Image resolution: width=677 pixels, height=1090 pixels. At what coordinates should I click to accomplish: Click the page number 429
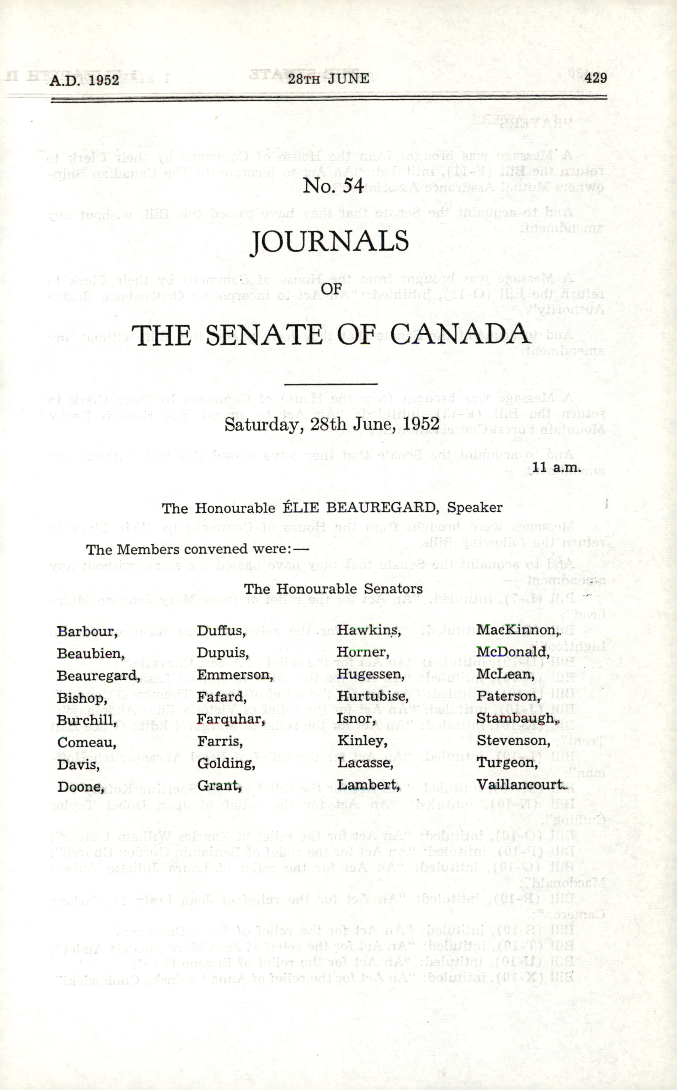595,78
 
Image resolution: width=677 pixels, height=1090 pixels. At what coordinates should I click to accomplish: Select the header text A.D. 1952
84,80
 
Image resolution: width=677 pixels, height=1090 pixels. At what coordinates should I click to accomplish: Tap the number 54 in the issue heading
353,185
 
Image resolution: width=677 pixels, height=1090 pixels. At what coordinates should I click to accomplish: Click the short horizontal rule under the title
331,384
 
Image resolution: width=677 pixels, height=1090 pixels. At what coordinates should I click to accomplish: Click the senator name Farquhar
230,719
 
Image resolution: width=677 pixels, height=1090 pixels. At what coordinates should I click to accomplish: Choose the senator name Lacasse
365,763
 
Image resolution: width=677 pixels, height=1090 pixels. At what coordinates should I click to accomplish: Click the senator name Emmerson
234,675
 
